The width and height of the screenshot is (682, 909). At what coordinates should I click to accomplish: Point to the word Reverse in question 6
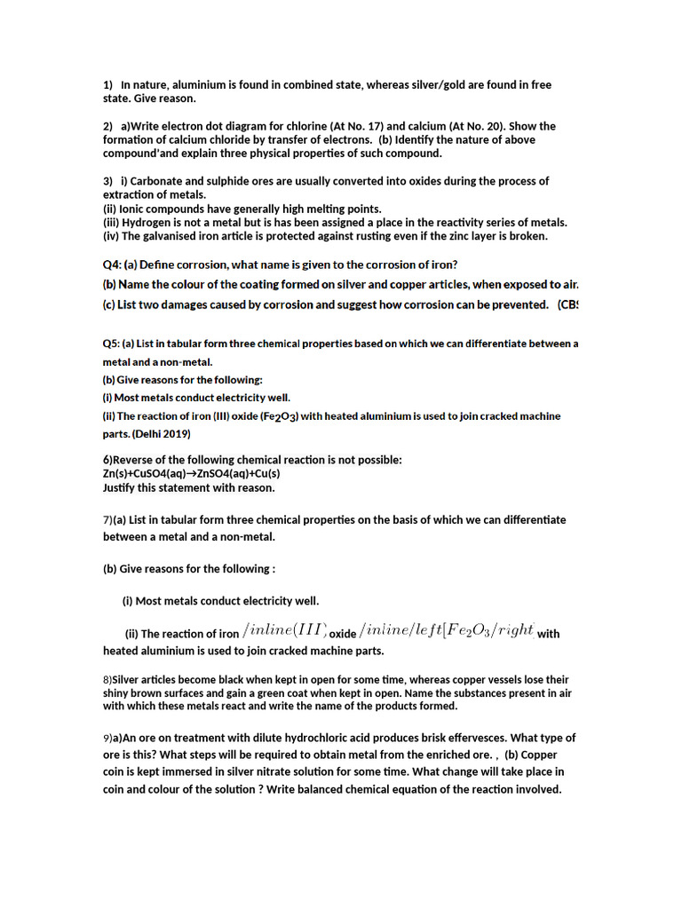(133, 460)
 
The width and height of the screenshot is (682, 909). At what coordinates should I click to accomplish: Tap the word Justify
(122, 487)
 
